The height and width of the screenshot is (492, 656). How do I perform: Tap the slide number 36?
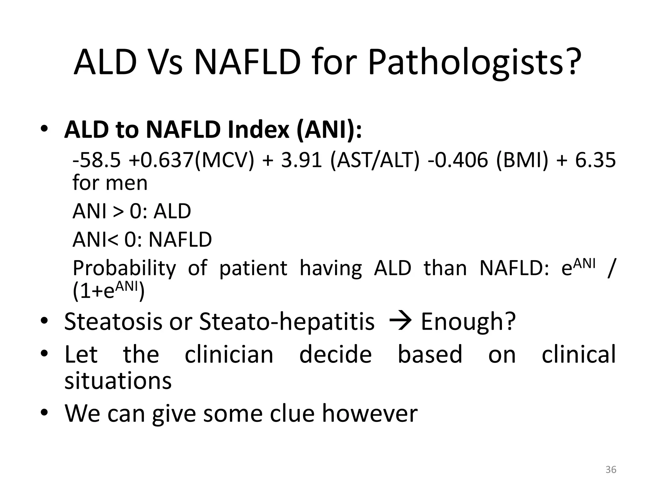(611, 470)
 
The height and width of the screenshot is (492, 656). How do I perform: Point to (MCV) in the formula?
(224, 160)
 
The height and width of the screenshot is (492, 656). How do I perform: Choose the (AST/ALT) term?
(374, 160)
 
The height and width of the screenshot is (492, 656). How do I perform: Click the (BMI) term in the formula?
(522, 160)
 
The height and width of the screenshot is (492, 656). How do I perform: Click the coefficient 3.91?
(301, 160)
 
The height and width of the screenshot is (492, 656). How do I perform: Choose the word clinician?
(229, 355)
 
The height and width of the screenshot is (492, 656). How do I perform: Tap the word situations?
(118, 381)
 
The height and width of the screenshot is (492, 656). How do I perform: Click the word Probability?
(124, 268)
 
